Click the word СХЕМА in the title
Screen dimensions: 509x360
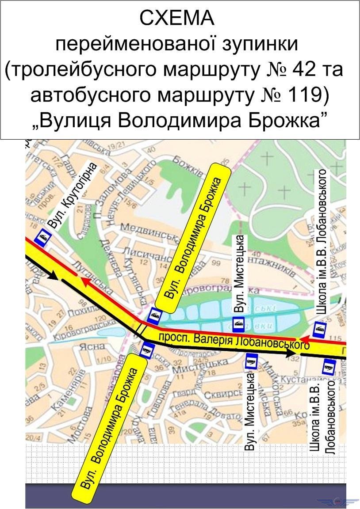[176, 19]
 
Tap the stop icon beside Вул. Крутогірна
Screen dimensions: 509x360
[43, 238]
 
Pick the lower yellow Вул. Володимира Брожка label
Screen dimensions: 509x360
[112, 428]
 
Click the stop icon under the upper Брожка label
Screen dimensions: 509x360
[155, 314]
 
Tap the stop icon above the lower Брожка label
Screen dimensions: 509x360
[146, 350]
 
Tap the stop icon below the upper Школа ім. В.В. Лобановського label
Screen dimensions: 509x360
[319, 328]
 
